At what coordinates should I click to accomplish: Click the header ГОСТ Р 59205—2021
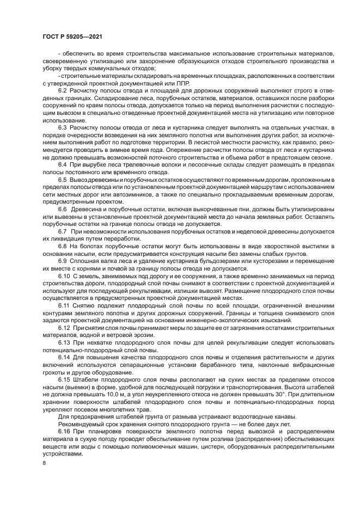(x=72, y=36)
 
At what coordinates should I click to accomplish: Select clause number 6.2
(x=62, y=89)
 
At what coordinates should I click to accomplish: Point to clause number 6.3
(x=62, y=127)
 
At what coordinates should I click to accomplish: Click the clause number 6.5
(x=62, y=180)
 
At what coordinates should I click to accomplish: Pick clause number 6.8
(x=62, y=247)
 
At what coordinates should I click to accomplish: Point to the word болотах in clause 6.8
(x=90, y=247)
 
